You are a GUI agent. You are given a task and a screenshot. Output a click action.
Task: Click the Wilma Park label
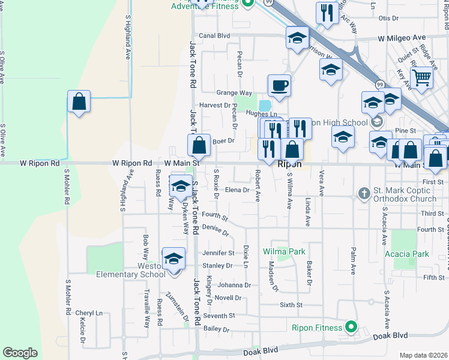point(284,252)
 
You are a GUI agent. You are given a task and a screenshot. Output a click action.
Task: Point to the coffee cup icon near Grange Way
point(279,85)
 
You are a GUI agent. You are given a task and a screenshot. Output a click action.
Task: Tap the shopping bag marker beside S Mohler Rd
point(79,101)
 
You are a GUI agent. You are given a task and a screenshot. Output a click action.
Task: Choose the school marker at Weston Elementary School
point(173,259)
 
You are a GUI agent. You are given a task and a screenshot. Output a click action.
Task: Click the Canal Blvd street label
point(214,35)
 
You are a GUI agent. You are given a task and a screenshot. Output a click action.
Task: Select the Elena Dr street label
point(237,190)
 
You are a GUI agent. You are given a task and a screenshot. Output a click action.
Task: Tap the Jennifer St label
point(217,253)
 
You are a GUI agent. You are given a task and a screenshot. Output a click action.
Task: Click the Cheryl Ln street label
point(89,313)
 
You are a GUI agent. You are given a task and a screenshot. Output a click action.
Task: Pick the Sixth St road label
point(291,305)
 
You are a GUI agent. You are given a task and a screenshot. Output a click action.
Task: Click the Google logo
point(20,353)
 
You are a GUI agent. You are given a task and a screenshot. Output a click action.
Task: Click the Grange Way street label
point(234,93)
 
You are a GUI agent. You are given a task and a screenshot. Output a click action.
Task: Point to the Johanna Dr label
point(234,285)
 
